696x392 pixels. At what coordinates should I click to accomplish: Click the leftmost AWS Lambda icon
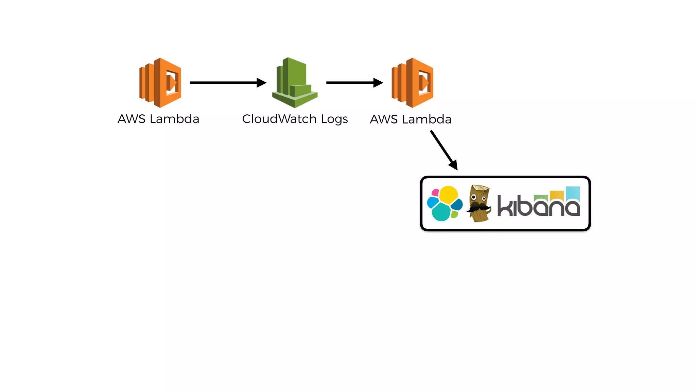pos(160,83)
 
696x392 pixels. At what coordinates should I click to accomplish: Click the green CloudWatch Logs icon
pos(294,83)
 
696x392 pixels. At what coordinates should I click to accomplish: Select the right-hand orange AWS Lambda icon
pos(412,83)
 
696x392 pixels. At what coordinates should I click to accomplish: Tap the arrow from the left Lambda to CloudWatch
pos(224,83)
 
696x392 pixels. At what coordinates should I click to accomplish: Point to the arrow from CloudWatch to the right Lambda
pos(352,83)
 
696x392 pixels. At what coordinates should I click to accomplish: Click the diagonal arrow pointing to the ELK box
pos(443,149)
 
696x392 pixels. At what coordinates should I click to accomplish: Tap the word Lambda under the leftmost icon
pos(174,119)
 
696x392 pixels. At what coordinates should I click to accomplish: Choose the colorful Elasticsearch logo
pos(445,203)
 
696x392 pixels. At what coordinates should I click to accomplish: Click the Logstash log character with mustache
pos(479,203)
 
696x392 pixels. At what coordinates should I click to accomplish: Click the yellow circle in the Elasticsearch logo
pos(448,195)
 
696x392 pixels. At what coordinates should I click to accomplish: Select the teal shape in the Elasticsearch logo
pos(441,212)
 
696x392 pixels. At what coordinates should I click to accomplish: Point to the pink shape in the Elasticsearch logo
pos(435,193)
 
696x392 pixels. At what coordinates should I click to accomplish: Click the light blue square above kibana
pos(573,193)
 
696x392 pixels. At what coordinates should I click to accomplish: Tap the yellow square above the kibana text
pos(557,195)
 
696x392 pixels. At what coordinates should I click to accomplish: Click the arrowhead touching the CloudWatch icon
pos(261,83)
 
